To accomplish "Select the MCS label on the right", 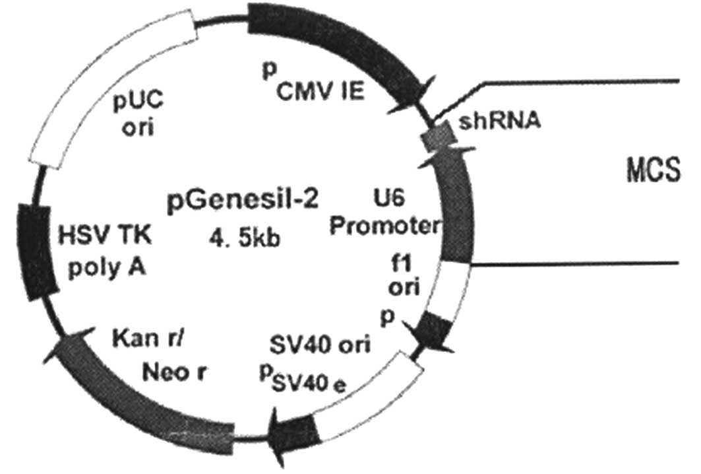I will click(653, 175).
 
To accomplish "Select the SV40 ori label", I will click(320, 343).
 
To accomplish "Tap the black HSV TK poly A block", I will click(36, 251).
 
